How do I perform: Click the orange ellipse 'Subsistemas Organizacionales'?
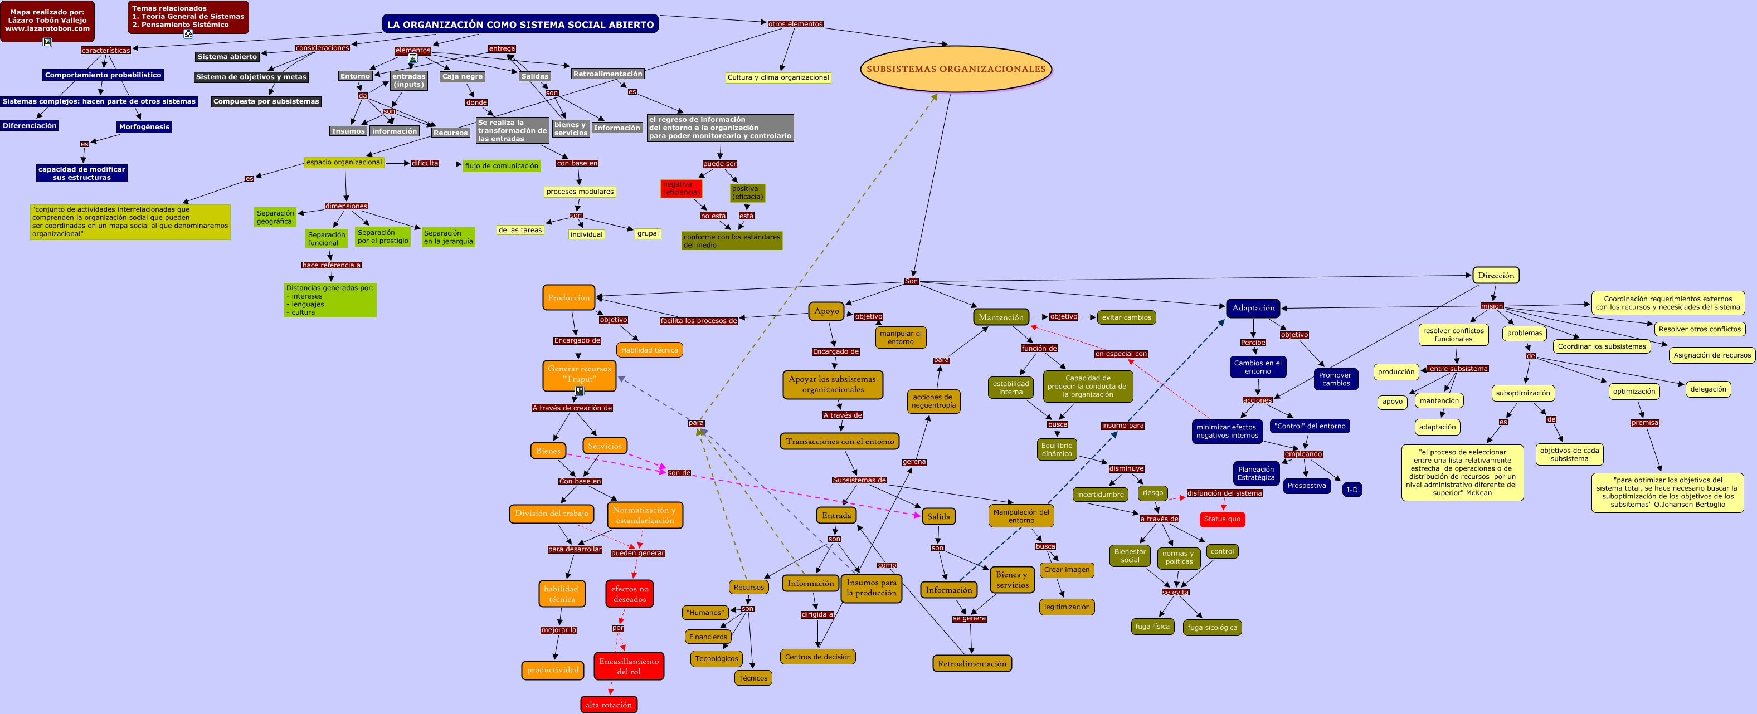pos(956,69)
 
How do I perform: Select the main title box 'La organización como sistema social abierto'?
pos(520,25)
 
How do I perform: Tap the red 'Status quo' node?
pos(1221,519)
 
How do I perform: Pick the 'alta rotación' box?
pos(609,705)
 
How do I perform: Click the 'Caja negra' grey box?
pos(462,76)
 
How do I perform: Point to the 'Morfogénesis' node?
pos(144,127)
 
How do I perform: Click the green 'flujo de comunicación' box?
pos(502,166)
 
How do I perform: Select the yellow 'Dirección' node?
pos(1495,276)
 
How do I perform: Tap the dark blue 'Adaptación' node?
pos(1252,308)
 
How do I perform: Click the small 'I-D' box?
pos(1351,490)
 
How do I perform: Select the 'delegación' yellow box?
pos(1708,389)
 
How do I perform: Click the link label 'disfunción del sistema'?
pos(1224,493)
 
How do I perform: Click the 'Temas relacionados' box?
pos(188,17)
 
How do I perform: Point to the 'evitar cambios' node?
pos(1126,317)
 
